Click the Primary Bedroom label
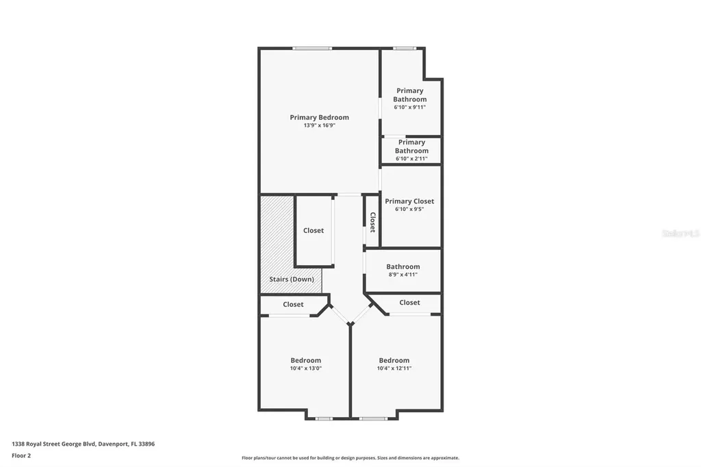[319, 117]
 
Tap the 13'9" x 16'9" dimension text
[319, 125]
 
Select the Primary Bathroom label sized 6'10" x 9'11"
[409, 94]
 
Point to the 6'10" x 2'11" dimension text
[411, 159]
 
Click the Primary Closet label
[409, 201]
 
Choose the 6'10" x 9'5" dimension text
[409, 209]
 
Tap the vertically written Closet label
[373, 222]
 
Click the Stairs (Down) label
[292, 279]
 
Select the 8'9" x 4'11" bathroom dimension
[403, 275]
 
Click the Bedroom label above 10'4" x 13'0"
[305, 360]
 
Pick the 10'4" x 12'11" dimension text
[394, 368]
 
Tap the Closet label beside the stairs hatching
[314, 231]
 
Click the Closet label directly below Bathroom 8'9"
[409, 303]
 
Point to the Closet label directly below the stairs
[293, 305]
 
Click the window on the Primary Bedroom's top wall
[312, 48]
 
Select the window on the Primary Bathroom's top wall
[404, 48]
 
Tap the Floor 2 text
[21, 455]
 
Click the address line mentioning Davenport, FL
[83, 444]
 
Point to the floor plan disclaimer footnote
[350, 458]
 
